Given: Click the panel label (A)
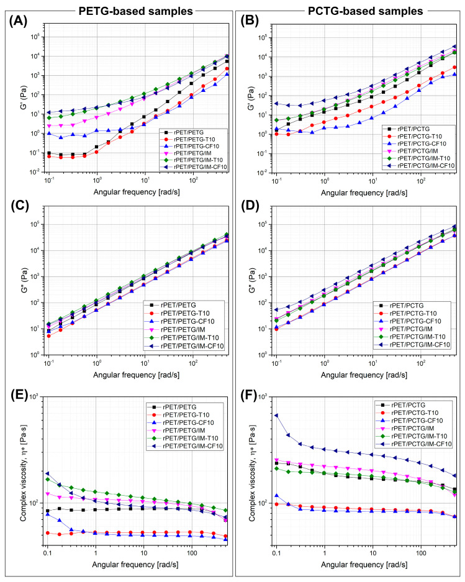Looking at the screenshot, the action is click(19, 21).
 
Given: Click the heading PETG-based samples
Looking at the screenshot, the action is click(136, 11).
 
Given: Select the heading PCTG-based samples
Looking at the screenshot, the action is click(366, 11).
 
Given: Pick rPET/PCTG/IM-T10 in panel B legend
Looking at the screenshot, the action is click(423, 158).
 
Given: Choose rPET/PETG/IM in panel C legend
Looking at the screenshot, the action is click(183, 330).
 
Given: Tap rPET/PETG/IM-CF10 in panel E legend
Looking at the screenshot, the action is click(193, 446).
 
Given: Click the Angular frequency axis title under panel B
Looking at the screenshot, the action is click(364, 193).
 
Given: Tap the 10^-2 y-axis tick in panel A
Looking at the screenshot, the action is click(36, 172).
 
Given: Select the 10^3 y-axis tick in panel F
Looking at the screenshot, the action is click(263, 397).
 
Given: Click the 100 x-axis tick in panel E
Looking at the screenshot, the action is click(192, 553).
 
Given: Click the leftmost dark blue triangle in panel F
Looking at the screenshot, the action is click(276, 416).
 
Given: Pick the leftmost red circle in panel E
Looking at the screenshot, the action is click(48, 533).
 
